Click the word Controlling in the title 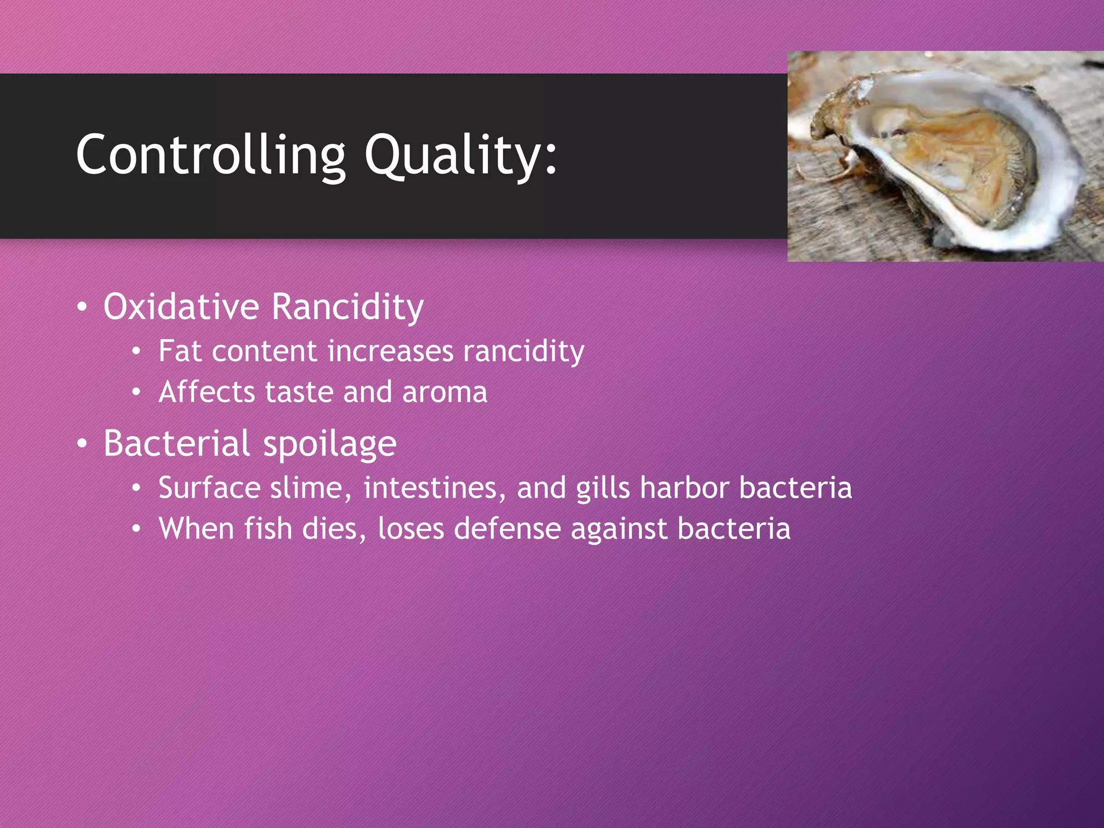click(x=210, y=155)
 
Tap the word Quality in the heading click(x=453, y=155)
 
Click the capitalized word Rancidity click(x=348, y=307)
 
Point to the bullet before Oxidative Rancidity click(x=82, y=307)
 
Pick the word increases click(x=390, y=351)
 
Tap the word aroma click(x=445, y=392)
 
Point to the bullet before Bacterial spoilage click(x=82, y=444)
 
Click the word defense click(x=507, y=528)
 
